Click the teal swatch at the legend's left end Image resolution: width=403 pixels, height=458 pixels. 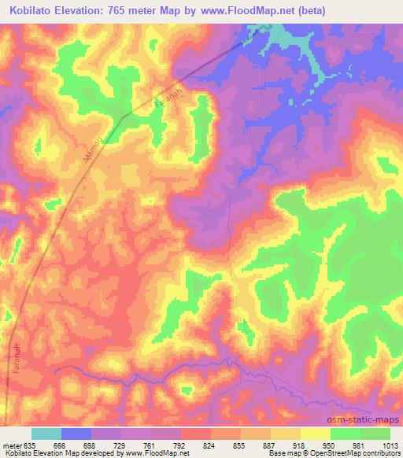(46, 434)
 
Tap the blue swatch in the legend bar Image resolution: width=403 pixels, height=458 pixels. (76, 434)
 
